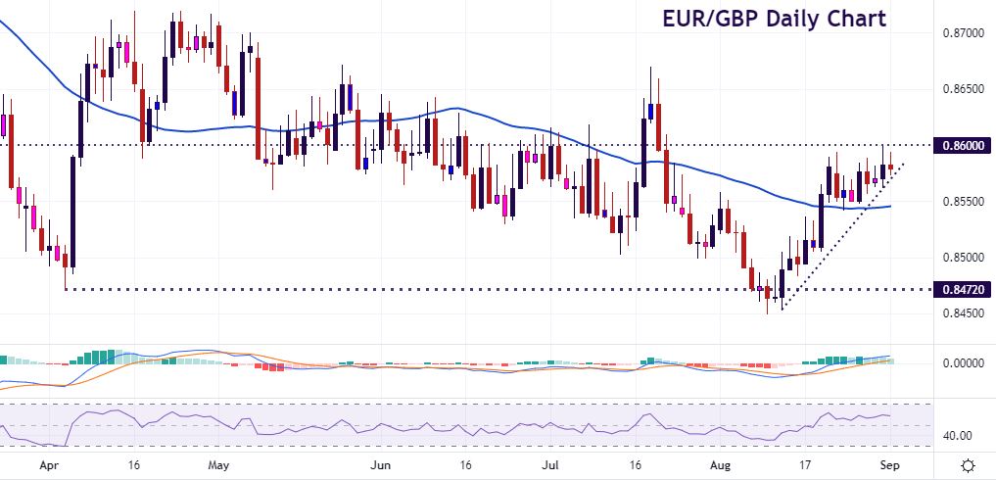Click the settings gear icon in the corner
tap(968, 465)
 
